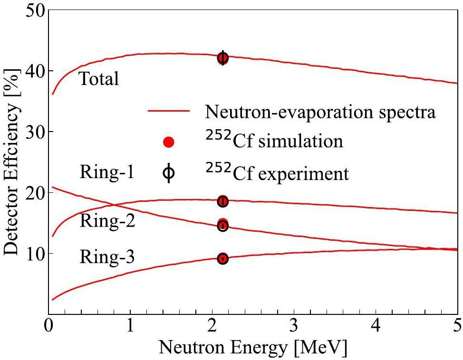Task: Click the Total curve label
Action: coord(98,79)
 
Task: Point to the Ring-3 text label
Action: coord(107,258)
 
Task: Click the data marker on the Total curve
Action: coord(222,58)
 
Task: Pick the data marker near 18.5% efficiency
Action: coord(222,201)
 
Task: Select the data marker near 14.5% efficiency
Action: coord(222,225)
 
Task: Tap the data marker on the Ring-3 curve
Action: coord(222,259)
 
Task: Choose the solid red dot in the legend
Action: coord(169,142)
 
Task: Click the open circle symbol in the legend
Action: coord(169,174)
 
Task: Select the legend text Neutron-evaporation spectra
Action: coord(320,112)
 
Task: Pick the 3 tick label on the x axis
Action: coord(294,328)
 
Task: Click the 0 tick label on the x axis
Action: coord(48,328)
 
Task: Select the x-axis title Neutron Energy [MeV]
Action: coord(253,348)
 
